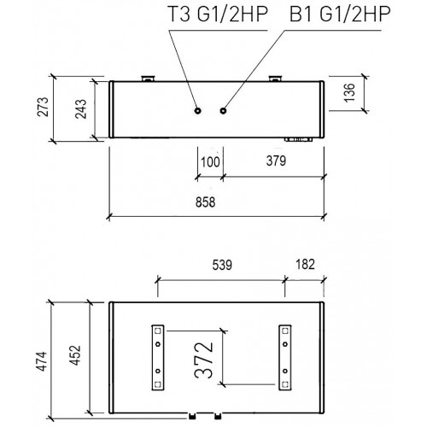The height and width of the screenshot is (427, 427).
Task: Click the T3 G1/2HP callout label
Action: tap(218, 14)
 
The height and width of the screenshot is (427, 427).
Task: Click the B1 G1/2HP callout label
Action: tap(340, 14)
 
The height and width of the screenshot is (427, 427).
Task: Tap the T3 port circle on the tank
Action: tap(197, 110)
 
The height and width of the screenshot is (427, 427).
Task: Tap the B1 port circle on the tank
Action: tap(223, 110)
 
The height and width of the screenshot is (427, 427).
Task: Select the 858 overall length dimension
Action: tap(205, 202)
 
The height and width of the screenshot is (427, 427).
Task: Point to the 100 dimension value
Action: tap(210, 162)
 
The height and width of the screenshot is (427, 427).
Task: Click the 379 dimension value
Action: tap(276, 161)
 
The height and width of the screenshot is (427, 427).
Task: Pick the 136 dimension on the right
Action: tap(350, 92)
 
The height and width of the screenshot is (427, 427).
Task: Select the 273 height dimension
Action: tap(44, 107)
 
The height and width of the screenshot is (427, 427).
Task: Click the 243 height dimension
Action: tap(80, 108)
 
